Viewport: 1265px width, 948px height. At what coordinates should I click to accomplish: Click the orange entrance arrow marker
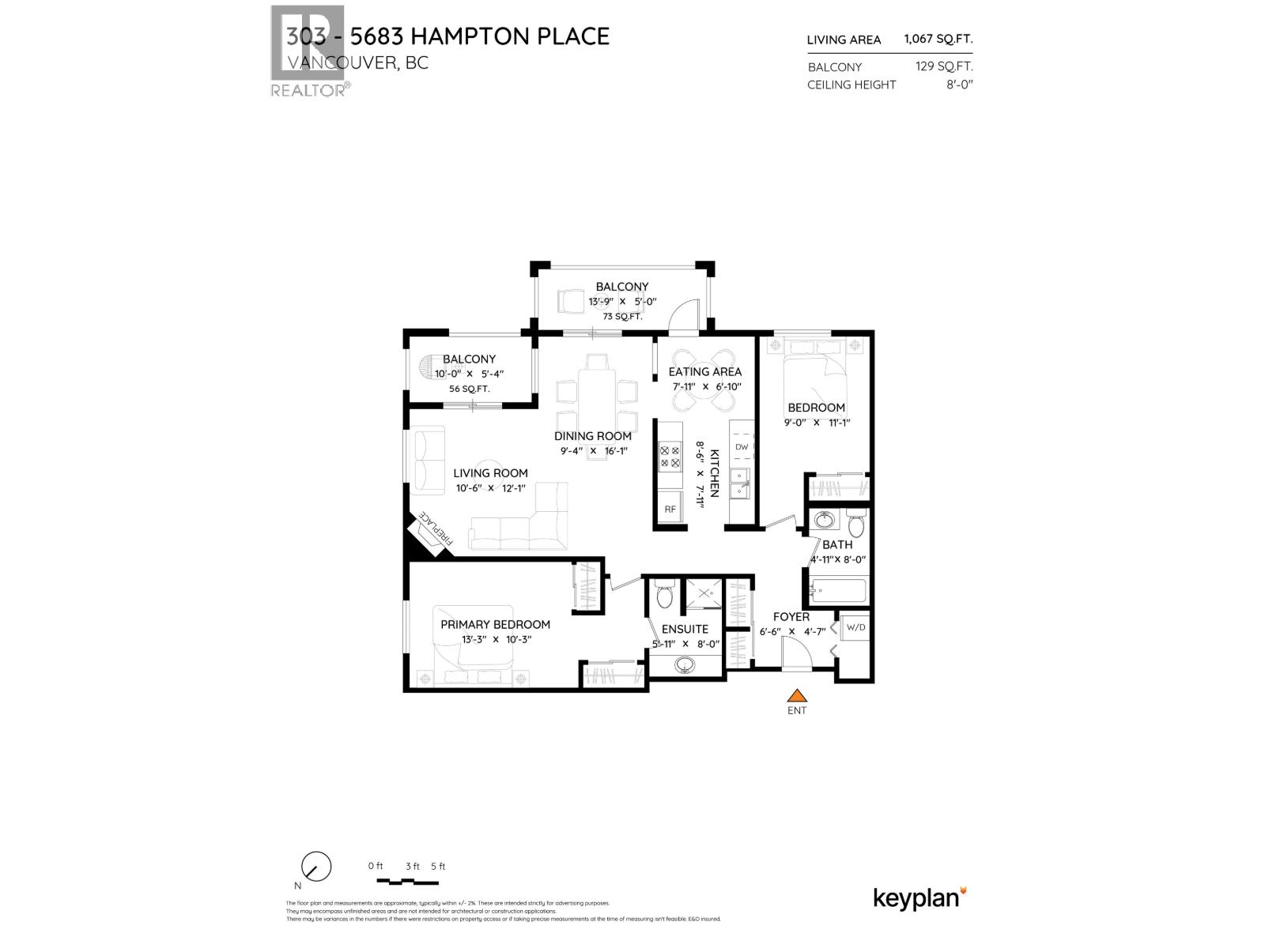click(x=797, y=696)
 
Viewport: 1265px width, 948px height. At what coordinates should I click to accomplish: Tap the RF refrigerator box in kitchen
click(x=670, y=510)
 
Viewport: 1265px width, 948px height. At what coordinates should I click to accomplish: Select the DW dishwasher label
click(x=742, y=447)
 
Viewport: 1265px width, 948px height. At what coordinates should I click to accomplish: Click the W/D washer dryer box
click(x=856, y=627)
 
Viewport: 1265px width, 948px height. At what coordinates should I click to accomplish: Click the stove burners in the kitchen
click(x=670, y=457)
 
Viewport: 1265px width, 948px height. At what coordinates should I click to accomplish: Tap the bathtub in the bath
click(x=840, y=591)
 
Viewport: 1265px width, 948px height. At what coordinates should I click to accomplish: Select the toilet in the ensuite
click(x=664, y=596)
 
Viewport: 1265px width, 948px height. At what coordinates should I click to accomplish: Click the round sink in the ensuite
click(x=685, y=665)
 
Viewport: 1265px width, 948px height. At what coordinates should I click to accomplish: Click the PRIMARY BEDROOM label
click(x=495, y=624)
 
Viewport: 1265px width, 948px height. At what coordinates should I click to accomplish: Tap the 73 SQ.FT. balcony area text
click(x=622, y=316)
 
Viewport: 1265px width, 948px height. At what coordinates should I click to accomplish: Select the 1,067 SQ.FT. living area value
click(x=938, y=39)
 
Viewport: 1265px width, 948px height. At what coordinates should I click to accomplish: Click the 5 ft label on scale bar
click(x=438, y=866)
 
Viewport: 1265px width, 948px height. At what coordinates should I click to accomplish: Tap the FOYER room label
click(x=791, y=617)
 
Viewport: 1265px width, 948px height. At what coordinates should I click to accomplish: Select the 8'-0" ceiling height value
click(x=959, y=85)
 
